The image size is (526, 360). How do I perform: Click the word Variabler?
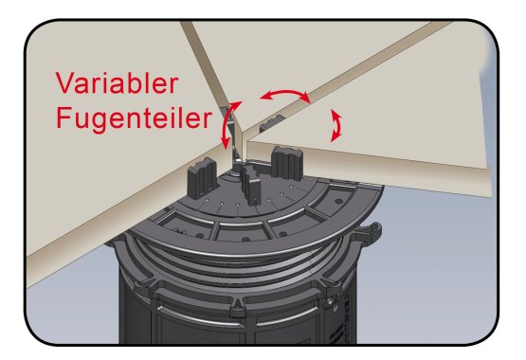(117, 82)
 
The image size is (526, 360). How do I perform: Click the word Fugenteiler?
(135, 118)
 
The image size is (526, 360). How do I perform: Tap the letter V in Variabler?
(63, 82)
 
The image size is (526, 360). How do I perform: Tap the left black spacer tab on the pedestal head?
(202, 178)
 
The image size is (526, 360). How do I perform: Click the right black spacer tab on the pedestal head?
(287, 163)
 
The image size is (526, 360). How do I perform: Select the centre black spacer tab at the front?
(251, 185)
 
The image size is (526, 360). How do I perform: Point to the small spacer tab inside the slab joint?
(271, 123)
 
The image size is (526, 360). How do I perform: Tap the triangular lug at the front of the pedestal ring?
(238, 309)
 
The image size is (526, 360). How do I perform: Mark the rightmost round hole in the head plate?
(338, 201)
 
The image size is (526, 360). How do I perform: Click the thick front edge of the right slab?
(368, 171)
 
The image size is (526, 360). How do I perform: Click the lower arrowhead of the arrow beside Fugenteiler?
(226, 143)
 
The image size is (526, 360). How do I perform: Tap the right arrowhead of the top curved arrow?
(304, 98)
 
